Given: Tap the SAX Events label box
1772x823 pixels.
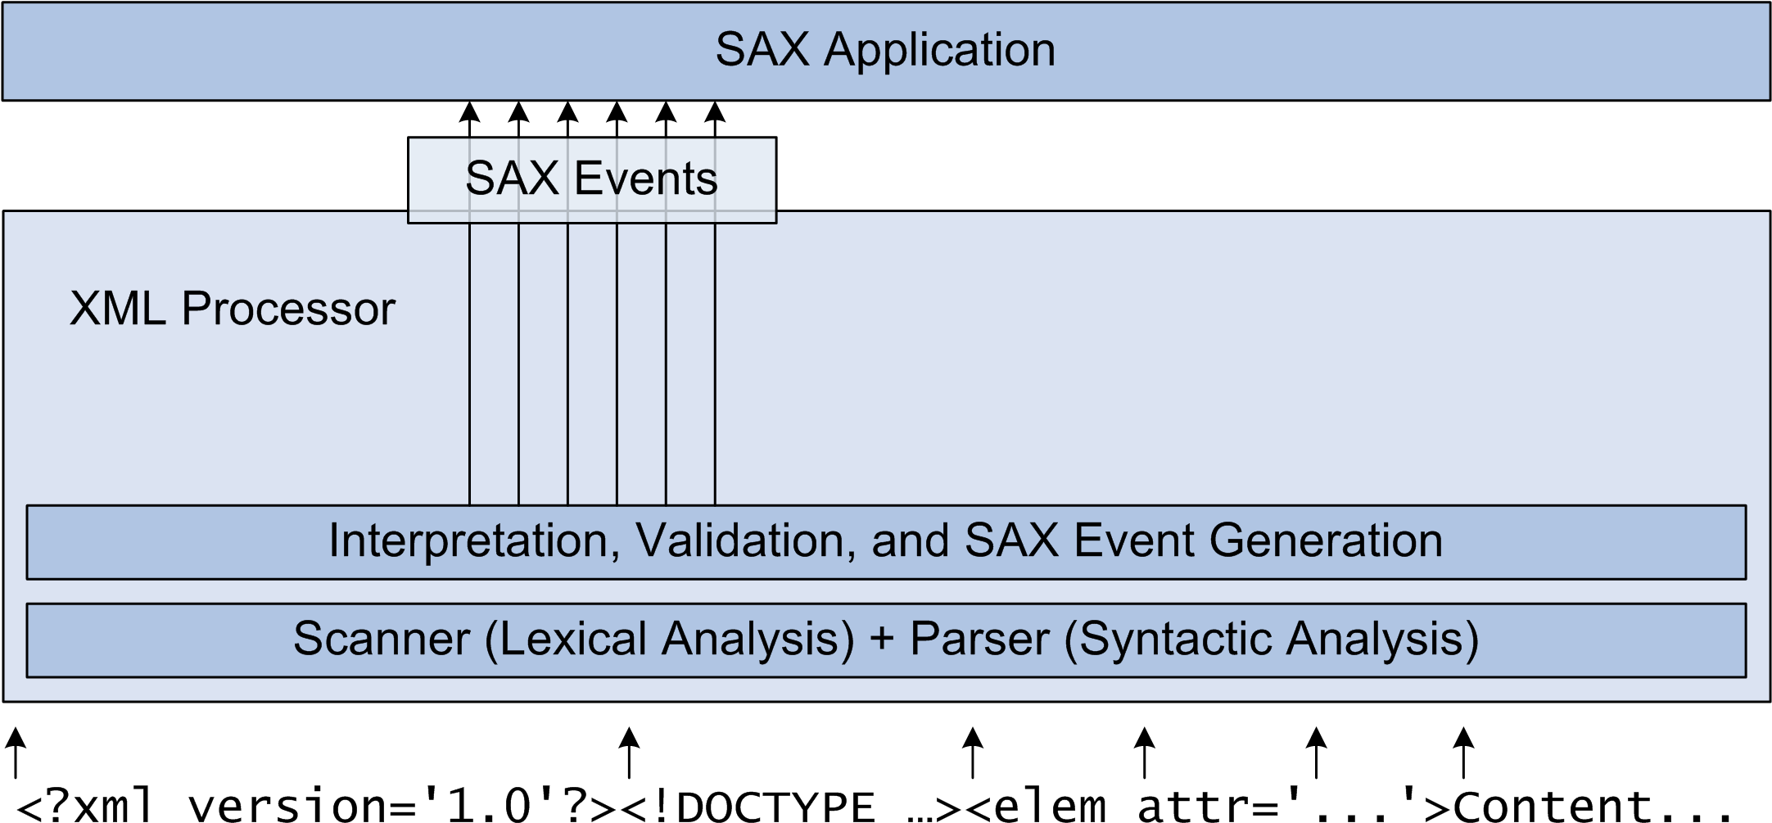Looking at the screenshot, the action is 592,180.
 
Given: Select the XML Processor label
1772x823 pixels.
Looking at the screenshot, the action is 233,309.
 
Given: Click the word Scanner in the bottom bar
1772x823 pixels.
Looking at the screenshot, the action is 382,639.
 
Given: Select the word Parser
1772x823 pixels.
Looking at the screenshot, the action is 979,639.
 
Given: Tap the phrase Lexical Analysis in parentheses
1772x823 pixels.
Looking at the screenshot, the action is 671,640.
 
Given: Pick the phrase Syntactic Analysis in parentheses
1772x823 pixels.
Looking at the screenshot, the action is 1272,640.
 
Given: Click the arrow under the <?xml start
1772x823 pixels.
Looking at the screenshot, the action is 16,753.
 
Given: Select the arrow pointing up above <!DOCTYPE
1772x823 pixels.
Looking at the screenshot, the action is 629,753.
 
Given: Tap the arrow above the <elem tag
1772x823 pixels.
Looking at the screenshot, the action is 973,753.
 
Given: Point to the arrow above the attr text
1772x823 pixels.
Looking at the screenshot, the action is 1145,753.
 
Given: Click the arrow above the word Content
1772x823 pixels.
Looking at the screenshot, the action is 1464,753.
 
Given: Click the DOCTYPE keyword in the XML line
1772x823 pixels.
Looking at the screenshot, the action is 776,806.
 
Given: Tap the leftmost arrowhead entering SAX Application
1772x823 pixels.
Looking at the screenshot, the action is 470,111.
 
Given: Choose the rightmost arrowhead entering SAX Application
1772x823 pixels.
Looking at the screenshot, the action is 716,111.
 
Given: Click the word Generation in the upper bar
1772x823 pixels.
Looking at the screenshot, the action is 1326,541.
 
